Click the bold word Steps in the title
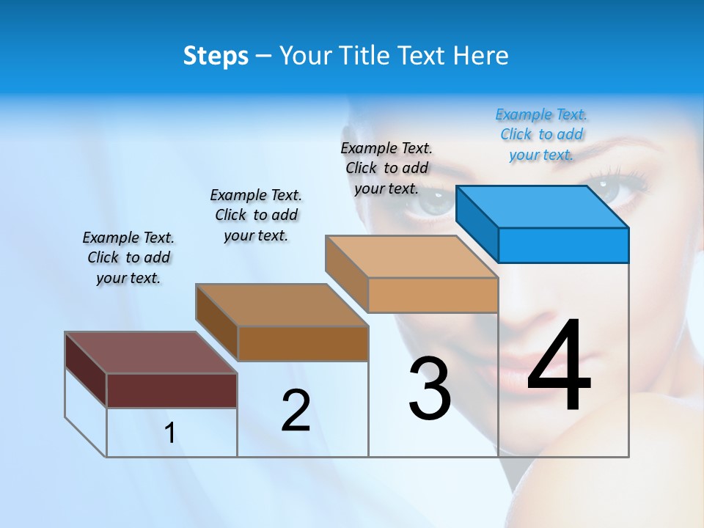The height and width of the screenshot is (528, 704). [216, 56]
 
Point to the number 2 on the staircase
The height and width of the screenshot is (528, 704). [296, 410]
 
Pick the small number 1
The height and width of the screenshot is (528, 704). [170, 433]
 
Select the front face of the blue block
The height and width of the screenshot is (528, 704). [563, 245]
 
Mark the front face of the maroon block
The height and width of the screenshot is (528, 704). [172, 390]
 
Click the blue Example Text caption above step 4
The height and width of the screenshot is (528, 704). [541, 134]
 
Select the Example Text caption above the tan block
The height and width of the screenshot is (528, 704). [386, 168]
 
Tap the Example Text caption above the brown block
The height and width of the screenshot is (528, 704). [256, 215]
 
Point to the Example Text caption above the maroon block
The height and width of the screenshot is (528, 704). [128, 257]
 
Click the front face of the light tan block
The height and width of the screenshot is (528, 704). [433, 295]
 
